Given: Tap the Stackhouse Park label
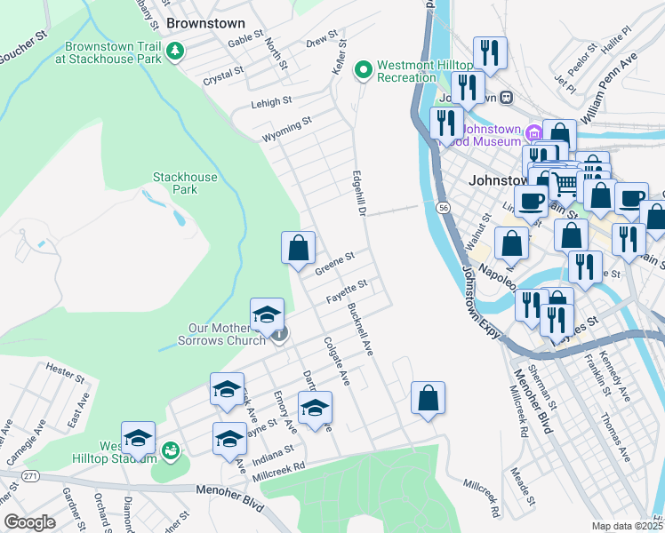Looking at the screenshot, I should (x=184, y=183).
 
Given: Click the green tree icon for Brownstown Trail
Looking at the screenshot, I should (x=176, y=52).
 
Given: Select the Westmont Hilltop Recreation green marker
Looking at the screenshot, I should (x=363, y=69).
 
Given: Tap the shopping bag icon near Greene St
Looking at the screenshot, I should (x=299, y=248).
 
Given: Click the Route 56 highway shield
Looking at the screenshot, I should (x=442, y=207).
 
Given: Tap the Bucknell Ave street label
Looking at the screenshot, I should (x=361, y=329).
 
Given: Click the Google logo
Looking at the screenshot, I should (x=29, y=522).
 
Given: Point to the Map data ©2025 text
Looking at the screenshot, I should (x=627, y=526).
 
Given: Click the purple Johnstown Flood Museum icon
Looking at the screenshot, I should (x=533, y=134).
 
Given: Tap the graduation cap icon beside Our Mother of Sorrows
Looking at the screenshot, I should (x=267, y=314).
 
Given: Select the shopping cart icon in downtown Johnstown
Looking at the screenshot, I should (x=565, y=185).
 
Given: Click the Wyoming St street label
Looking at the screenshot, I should (x=286, y=130).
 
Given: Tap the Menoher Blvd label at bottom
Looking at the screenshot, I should (x=230, y=505).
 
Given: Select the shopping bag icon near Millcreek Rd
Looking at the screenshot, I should (x=428, y=398).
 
